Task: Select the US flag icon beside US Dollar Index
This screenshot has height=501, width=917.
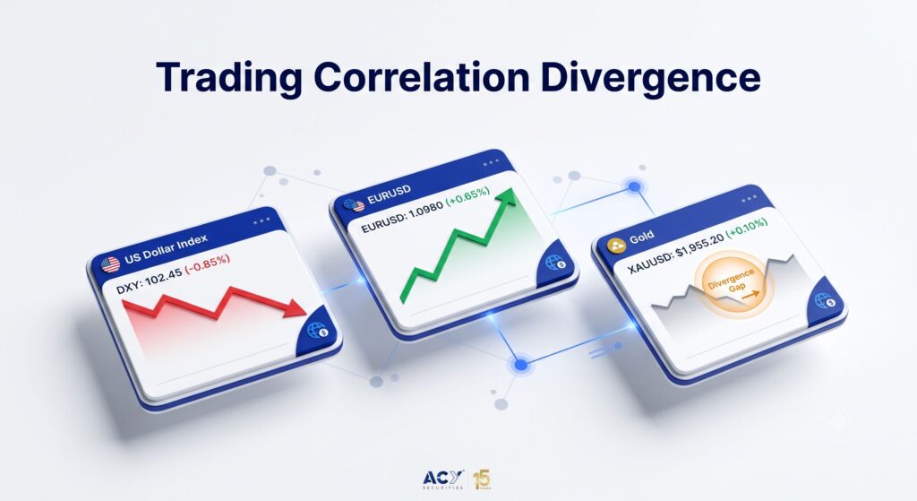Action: (110, 265)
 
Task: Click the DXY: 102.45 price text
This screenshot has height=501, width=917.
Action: (150, 279)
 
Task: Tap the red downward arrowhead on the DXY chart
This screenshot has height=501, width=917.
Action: (295, 307)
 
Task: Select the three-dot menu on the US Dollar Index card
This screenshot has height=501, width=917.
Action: (261, 220)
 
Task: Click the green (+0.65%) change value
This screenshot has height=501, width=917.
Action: (467, 196)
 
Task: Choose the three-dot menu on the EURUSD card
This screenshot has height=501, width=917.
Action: (491, 163)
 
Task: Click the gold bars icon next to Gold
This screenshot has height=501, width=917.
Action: (616, 246)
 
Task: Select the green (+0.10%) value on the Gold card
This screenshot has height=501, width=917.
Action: (747, 229)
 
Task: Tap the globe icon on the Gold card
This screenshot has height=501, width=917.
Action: (826, 301)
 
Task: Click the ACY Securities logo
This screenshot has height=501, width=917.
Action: (443, 479)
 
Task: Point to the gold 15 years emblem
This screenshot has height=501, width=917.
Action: (483, 479)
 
